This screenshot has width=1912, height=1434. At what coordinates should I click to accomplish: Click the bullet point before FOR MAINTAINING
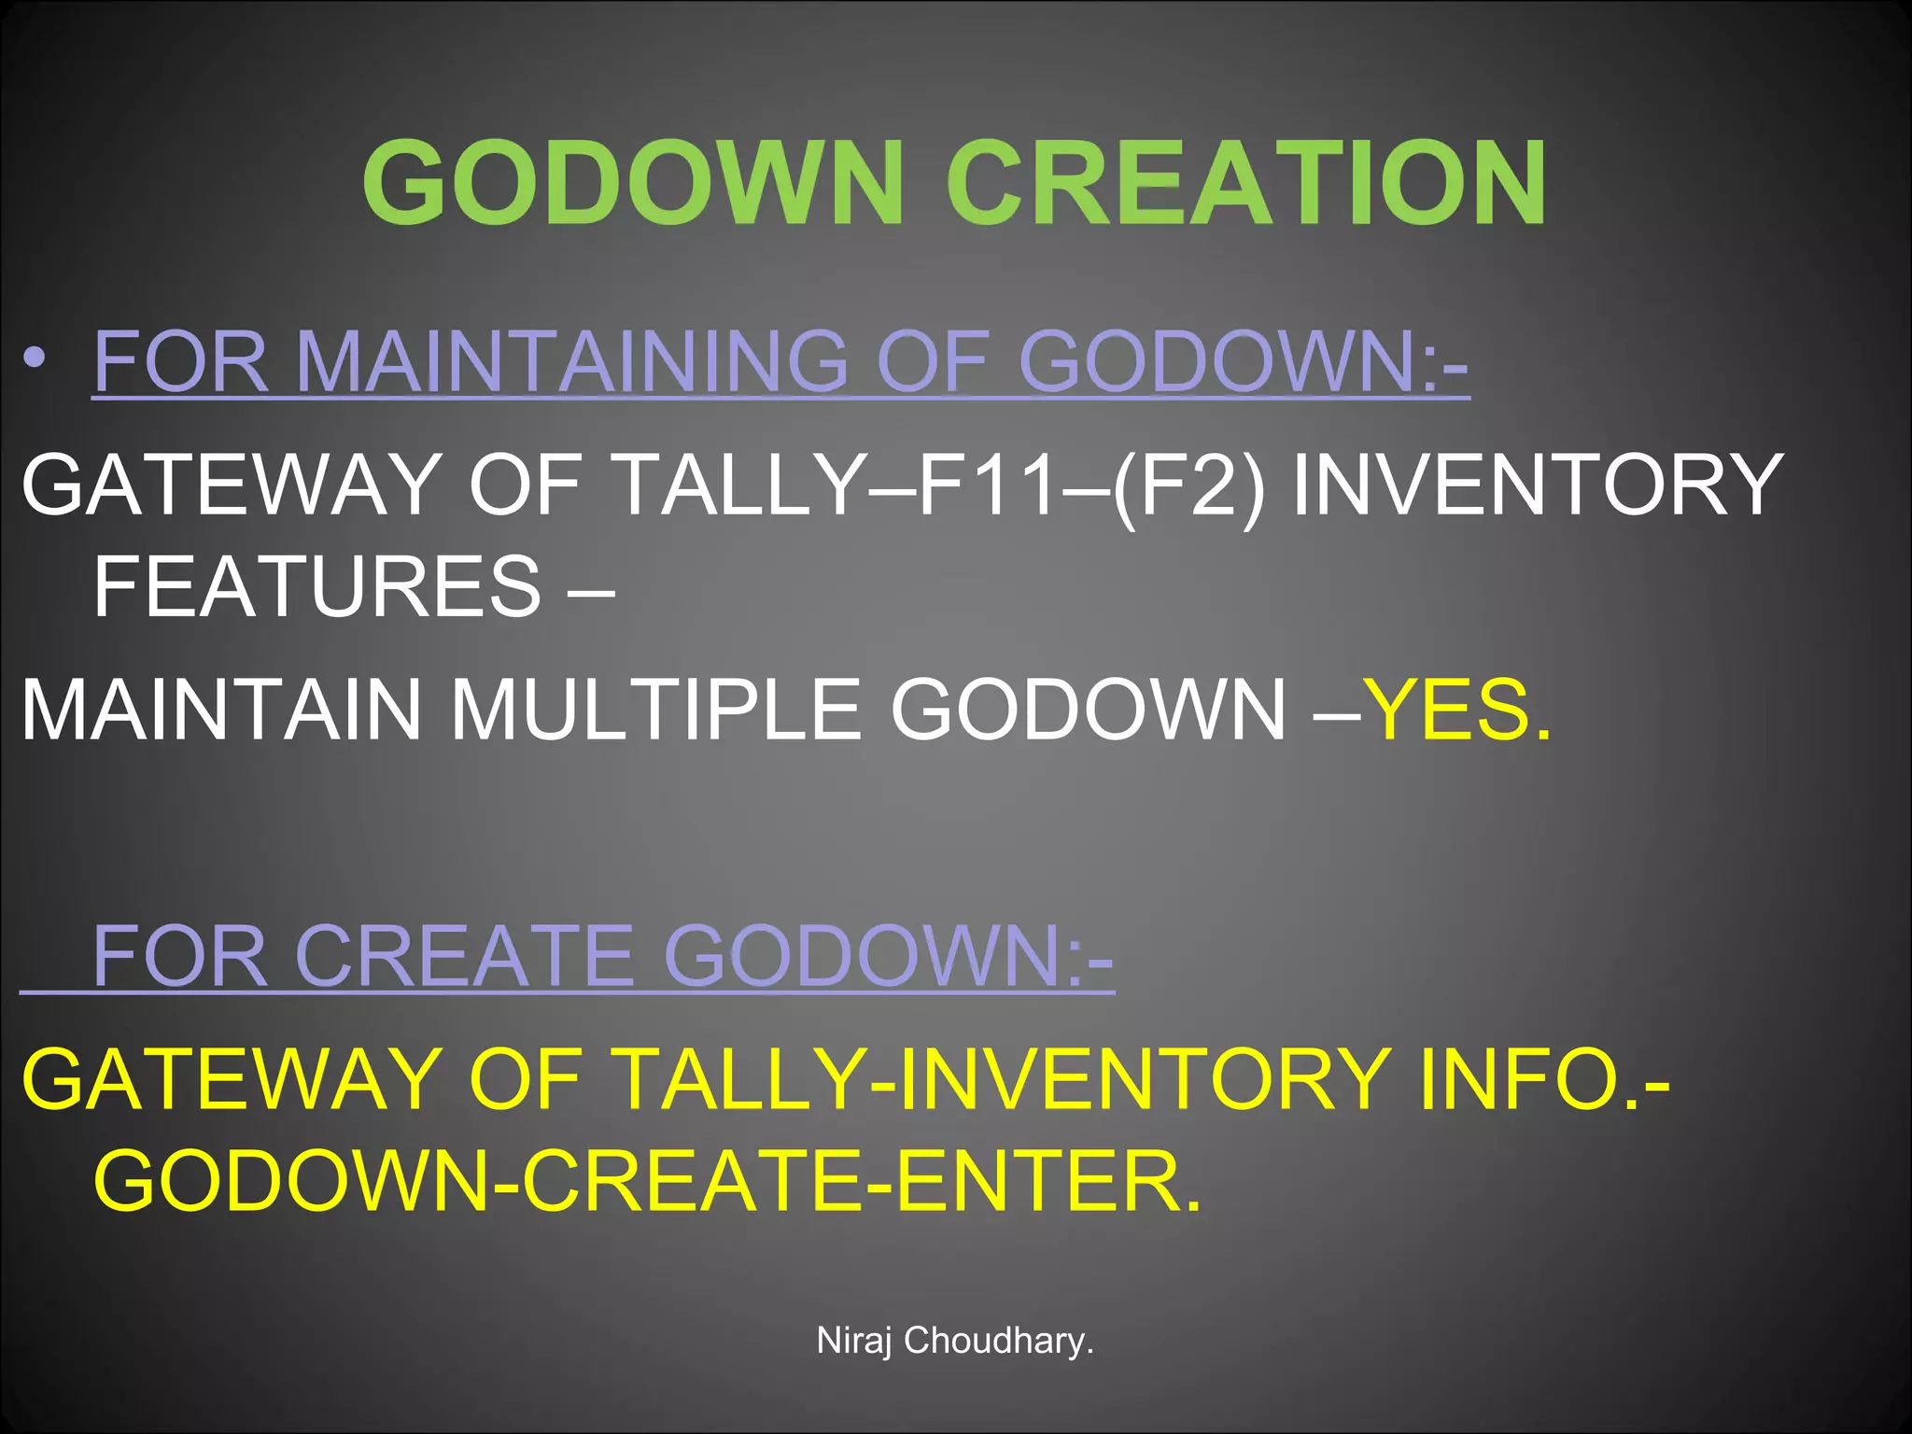(35, 358)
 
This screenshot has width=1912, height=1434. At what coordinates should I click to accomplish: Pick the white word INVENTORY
(1538, 484)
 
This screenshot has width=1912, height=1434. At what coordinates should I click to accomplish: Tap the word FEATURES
(317, 586)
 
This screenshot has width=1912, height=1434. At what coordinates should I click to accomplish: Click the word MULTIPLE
(655, 710)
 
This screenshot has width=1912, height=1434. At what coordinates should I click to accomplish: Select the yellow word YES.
(1456, 710)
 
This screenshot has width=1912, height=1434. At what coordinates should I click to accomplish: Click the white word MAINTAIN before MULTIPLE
(221, 710)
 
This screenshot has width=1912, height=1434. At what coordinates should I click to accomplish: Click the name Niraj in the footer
(853, 1341)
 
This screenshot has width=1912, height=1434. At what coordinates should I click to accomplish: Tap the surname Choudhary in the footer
(998, 1341)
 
